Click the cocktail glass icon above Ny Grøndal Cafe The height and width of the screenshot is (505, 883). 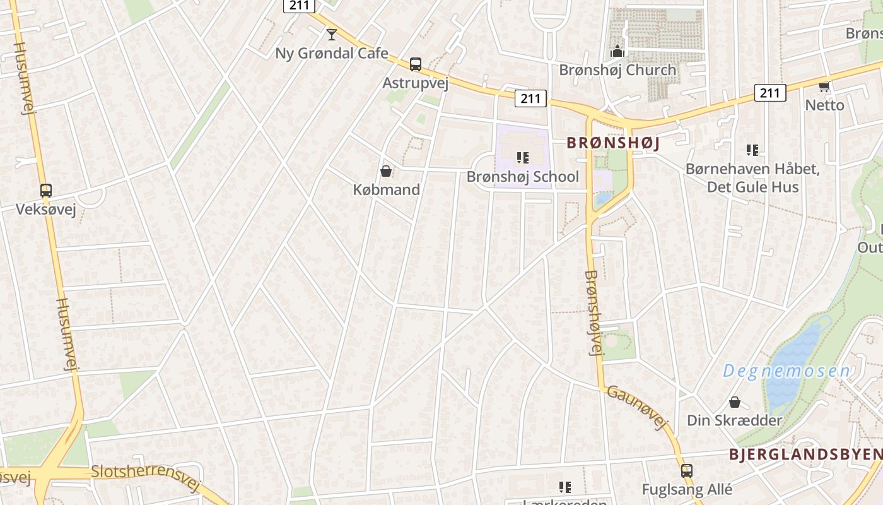[x=331, y=34]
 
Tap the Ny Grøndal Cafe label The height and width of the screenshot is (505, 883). [x=332, y=53]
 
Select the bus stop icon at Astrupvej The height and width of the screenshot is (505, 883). [x=415, y=64]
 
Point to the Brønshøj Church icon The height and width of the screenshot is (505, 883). [x=617, y=50]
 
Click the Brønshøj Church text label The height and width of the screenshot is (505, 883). [x=617, y=69]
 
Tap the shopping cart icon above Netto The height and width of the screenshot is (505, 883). [x=824, y=86]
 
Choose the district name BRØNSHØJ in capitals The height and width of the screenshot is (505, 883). [x=613, y=143]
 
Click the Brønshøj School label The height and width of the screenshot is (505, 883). [x=522, y=176]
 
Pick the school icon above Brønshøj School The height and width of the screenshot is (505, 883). [x=522, y=157]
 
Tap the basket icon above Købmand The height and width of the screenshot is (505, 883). [x=386, y=171]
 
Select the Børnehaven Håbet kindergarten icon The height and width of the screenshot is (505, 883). [x=752, y=150]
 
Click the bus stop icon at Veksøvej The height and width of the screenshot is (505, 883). [x=45, y=190]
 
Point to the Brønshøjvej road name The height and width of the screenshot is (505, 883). [x=594, y=312]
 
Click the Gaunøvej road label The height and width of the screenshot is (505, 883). [x=637, y=408]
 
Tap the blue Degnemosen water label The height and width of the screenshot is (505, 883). [x=786, y=371]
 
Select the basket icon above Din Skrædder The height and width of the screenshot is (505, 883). [x=734, y=402]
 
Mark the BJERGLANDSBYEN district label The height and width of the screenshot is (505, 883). [x=805, y=454]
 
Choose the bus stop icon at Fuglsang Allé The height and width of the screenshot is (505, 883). [x=686, y=470]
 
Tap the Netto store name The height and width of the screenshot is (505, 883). [x=824, y=105]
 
